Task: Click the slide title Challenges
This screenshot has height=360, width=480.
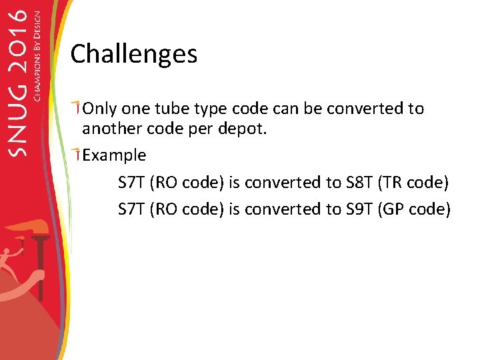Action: click(133, 54)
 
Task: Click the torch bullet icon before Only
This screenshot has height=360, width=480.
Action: click(77, 107)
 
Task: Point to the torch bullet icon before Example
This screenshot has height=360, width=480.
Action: click(77, 154)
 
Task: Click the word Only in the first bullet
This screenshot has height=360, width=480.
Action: click(99, 109)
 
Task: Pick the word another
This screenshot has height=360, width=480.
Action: click(111, 129)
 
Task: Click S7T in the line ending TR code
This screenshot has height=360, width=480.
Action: click(131, 183)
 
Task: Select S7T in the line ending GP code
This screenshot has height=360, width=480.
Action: click(131, 209)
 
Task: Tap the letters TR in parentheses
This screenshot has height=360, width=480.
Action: click(395, 183)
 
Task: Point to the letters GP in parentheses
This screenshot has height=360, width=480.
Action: click(395, 209)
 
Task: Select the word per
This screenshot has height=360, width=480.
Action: click(201, 129)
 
